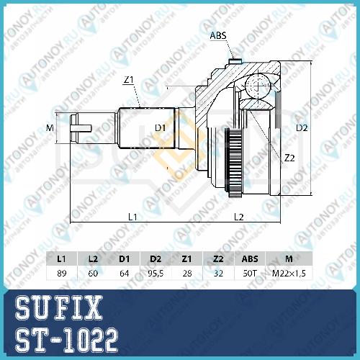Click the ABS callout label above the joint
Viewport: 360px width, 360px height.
pos(218,35)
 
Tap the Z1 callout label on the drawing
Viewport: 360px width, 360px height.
pos(128,80)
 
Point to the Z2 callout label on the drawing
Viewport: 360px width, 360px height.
pos(289,158)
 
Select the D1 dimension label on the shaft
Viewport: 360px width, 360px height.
pos(160,128)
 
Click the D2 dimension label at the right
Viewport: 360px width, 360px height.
pos(302,128)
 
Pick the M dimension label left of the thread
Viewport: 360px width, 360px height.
pos(50,128)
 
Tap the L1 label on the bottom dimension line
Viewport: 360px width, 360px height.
pos(132,217)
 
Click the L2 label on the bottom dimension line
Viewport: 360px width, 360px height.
pos(239,217)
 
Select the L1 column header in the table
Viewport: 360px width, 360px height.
pos(61,258)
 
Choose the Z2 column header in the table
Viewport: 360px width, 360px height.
pos(218,258)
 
